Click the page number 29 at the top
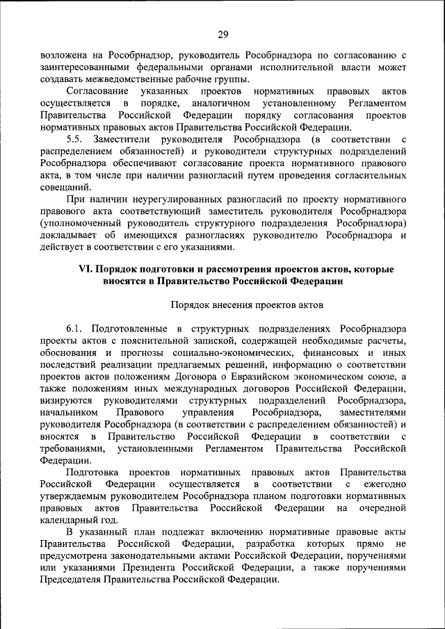222,35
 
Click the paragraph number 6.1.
76,327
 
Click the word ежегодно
382,484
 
